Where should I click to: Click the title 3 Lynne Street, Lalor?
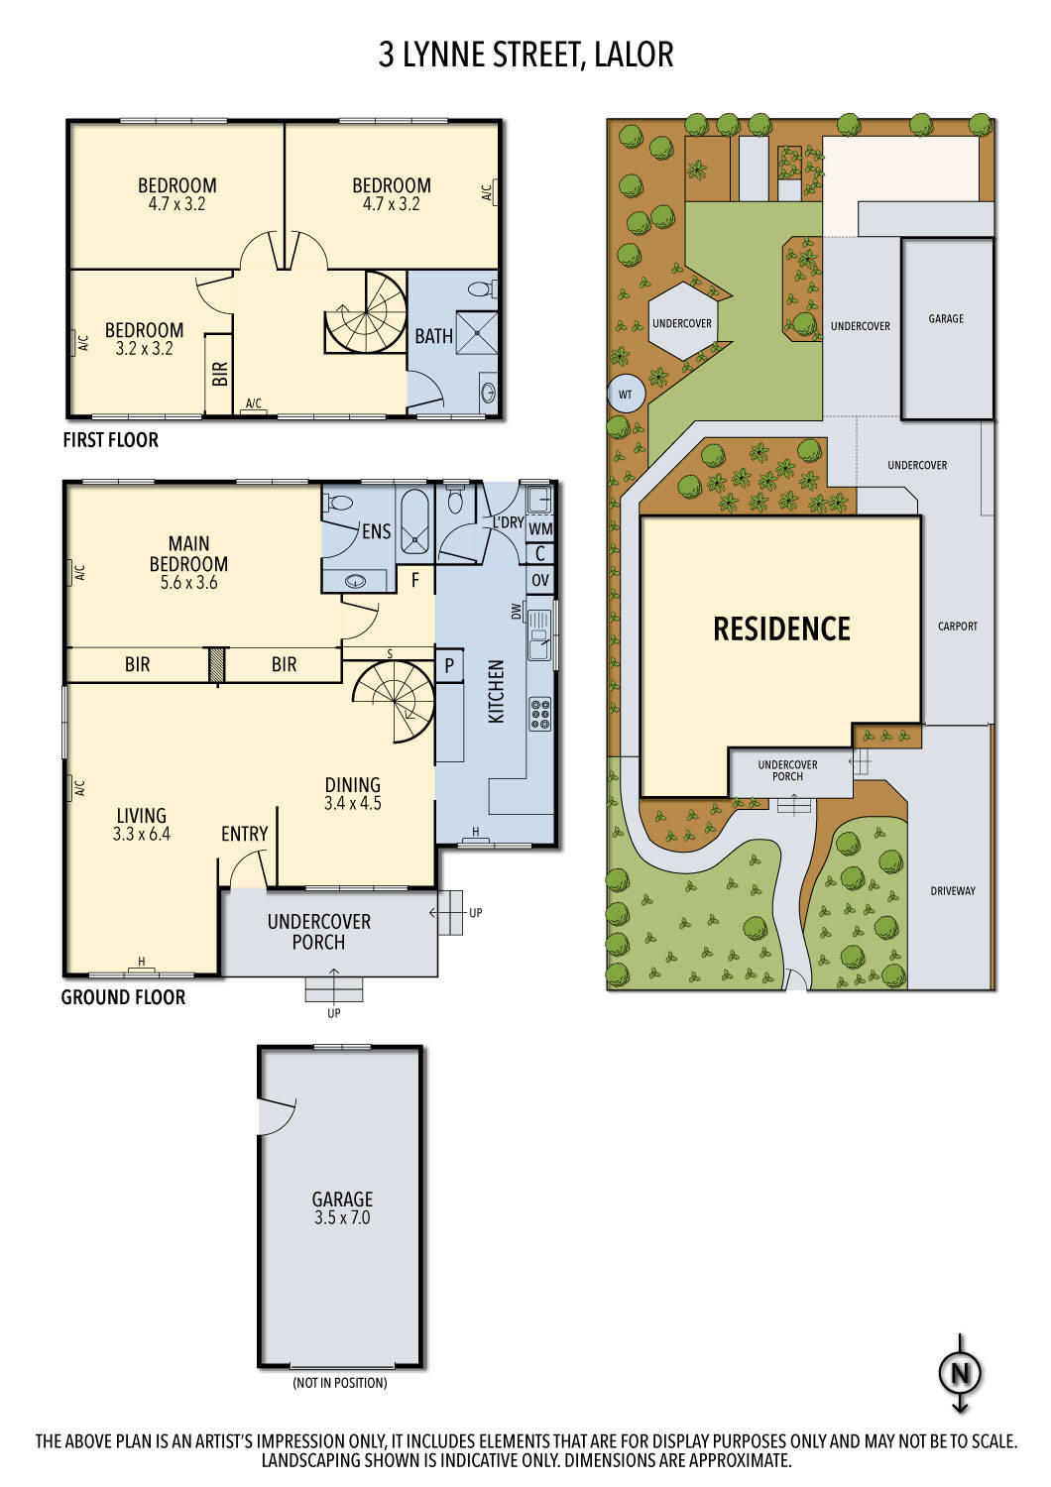point(525,55)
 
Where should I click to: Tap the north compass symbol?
point(959,1374)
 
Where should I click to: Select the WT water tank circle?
point(625,395)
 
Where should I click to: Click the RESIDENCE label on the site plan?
point(781,629)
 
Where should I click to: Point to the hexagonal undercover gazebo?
point(682,323)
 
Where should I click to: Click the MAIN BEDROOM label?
point(188,554)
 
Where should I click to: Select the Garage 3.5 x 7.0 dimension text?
point(342,1218)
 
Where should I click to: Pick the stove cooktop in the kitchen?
point(540,714)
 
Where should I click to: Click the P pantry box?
point(449,665)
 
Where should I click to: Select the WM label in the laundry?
point(540,529)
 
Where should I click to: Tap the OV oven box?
point(540,580)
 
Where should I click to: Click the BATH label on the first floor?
point(433,337)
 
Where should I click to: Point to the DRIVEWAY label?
point(952,891)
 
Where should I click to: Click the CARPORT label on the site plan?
point(957,627)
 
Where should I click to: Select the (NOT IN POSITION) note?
point(339,1383)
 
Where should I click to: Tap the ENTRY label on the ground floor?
point(244,835)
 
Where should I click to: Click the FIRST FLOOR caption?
point(110,440)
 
